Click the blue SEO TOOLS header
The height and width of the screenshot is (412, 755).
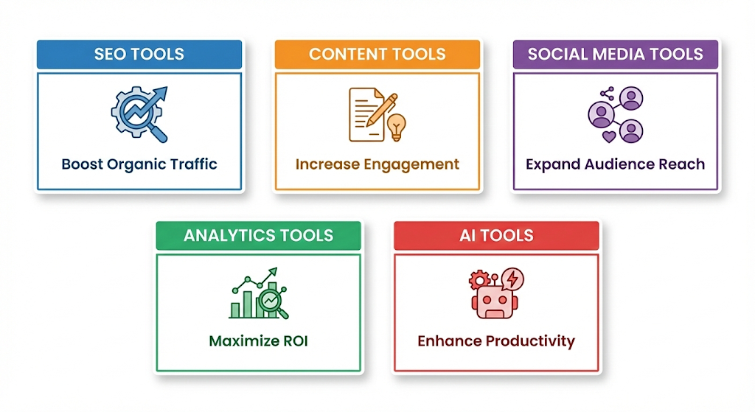click(139, 55)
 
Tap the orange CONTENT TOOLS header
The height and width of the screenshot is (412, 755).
click(377, 55)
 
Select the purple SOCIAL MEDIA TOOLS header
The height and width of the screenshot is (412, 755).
click(616, 55)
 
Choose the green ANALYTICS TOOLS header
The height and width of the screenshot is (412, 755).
click(258, 236)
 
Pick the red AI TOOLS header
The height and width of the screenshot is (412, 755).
click(496, 236)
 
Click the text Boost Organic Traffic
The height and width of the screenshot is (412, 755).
click(139, 164)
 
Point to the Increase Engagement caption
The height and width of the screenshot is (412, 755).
click(377, 164)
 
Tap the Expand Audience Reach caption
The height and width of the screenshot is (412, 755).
click(616, 164)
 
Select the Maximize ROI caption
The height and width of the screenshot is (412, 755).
click(258, 341)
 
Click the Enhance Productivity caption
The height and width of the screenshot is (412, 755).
click(496, 341)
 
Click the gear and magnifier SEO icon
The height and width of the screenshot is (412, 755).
click(139, 114)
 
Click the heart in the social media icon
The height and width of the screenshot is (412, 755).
click(610, 136)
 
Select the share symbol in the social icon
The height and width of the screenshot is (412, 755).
click(608, 94)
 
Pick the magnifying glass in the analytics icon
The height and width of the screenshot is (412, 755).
click(274, 303)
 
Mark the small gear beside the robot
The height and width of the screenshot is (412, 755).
click(479, 279)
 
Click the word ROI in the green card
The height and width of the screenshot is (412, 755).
click(293, 341)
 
